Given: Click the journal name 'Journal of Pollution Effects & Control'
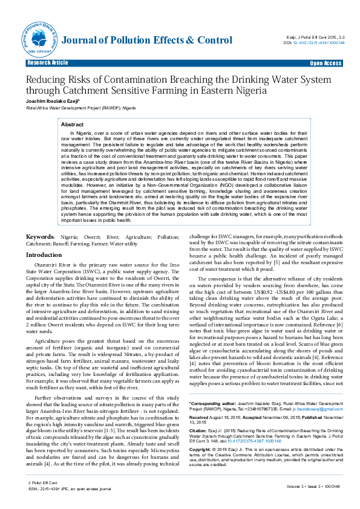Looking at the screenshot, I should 147,41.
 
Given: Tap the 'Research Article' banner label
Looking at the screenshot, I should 47,63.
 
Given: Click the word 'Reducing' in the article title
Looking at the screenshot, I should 48,80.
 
